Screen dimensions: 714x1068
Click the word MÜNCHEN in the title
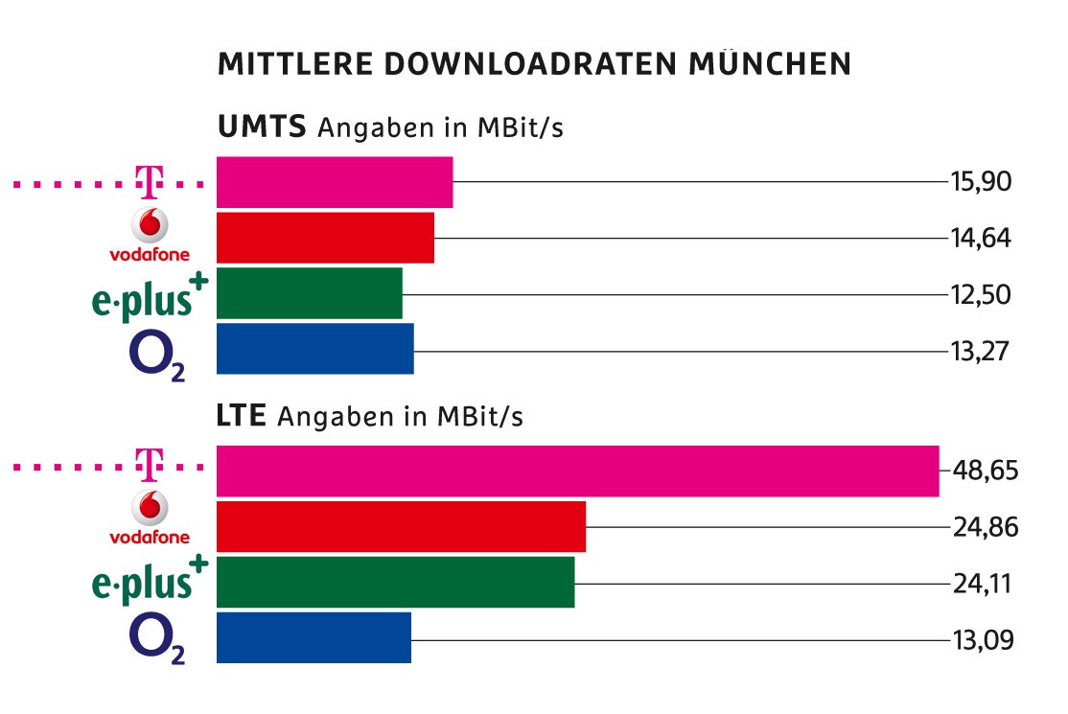tap(767, 64)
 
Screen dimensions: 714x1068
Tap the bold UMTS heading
tap(263, 127)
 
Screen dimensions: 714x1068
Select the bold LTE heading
tap(244, 417)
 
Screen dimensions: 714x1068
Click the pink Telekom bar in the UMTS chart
tap(335, 182)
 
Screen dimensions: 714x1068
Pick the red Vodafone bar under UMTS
tap(325, 238)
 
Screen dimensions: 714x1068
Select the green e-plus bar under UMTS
tap(310, 293)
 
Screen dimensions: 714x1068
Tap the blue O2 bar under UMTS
tap(315, 349)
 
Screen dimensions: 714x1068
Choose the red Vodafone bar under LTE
tap(401, 526)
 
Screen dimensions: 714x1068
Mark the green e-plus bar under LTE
tap(395, 582)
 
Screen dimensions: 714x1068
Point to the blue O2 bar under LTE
tap(313, 637)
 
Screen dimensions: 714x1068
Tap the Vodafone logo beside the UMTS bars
tap(150, 236)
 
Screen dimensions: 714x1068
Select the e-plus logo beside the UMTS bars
tap(150, 295)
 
